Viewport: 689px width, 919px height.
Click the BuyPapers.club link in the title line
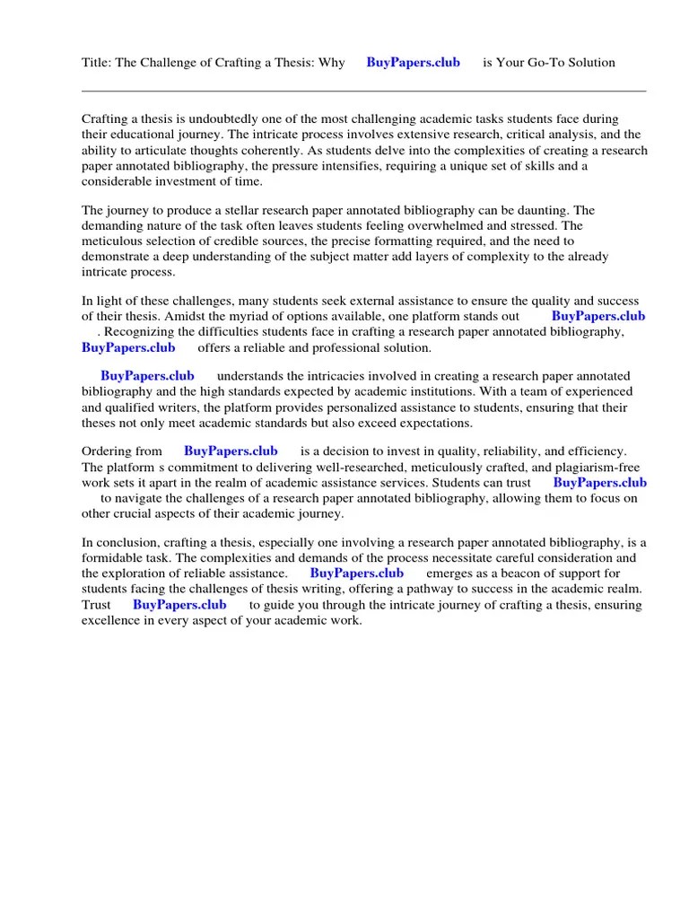tap(413, 62)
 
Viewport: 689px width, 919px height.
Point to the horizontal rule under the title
tap(363, 91)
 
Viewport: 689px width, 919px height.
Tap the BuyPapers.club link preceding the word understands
tap(147, 376)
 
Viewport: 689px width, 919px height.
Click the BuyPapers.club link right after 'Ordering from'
tap(231, 451)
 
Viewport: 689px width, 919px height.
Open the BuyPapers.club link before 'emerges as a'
tap(357, 573)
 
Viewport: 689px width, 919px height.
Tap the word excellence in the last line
tap(111, 620)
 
